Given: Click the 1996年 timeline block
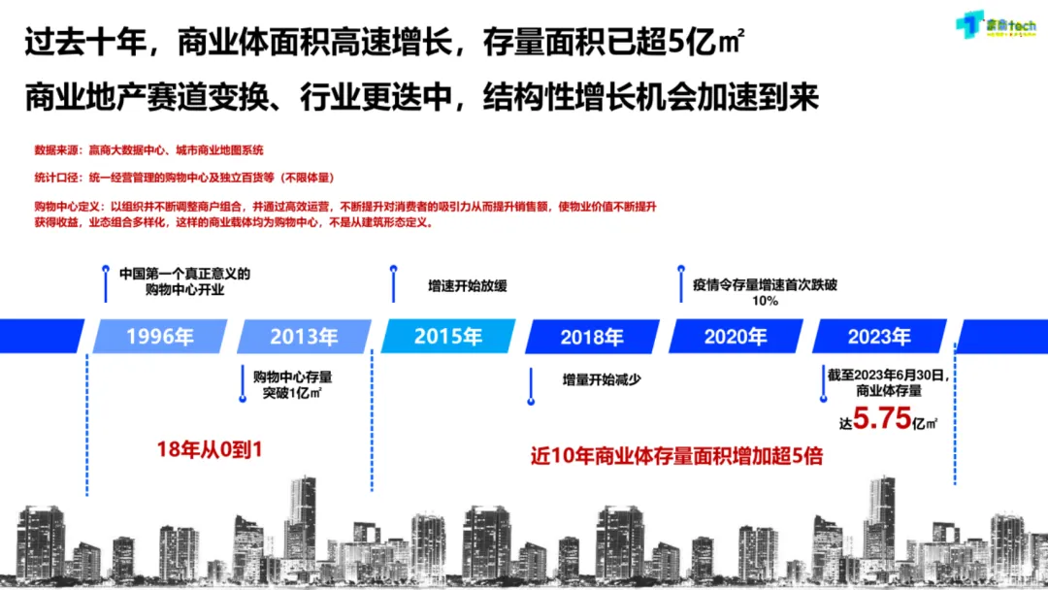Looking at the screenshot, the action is (x=159, y=337).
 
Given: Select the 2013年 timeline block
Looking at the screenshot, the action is (x=304, y=337).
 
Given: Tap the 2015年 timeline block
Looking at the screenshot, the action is (x=447, y=337).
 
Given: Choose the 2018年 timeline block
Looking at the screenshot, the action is (x=591, y=337).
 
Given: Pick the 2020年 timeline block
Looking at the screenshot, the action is (x=735, y=337).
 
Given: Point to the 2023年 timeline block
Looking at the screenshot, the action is (x=878, y=337).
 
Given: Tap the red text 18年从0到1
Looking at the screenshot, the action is (x=210, y=450).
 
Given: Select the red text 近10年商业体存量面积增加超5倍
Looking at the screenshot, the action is (x=676, y=455).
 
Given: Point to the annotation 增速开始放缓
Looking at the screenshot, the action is (x=468, y=286).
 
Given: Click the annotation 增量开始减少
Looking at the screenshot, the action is (x=602, y=379).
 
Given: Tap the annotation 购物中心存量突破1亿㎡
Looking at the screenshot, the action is (x=292, y=384).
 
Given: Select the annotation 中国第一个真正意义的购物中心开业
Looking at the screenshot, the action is (x=184, y=281).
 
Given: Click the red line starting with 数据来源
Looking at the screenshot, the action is (x=148, y=150).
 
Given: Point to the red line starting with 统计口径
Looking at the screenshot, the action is (x=183, y=178).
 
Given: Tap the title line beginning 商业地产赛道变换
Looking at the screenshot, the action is (x=422, y=97).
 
